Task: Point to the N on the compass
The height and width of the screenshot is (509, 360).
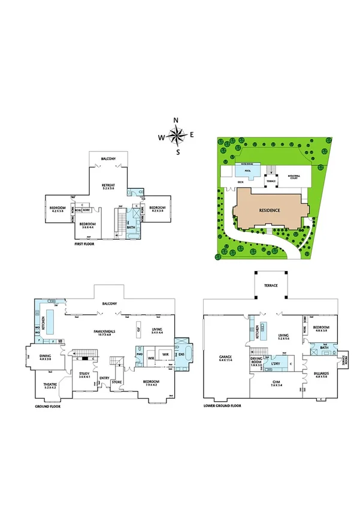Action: click(x=176, y=121)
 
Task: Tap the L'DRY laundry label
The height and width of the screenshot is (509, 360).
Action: click(x=276, y=364)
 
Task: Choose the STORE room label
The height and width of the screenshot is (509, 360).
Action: click(x=117, y=381)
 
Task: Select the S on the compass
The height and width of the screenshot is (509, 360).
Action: click(x=178, y=152)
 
